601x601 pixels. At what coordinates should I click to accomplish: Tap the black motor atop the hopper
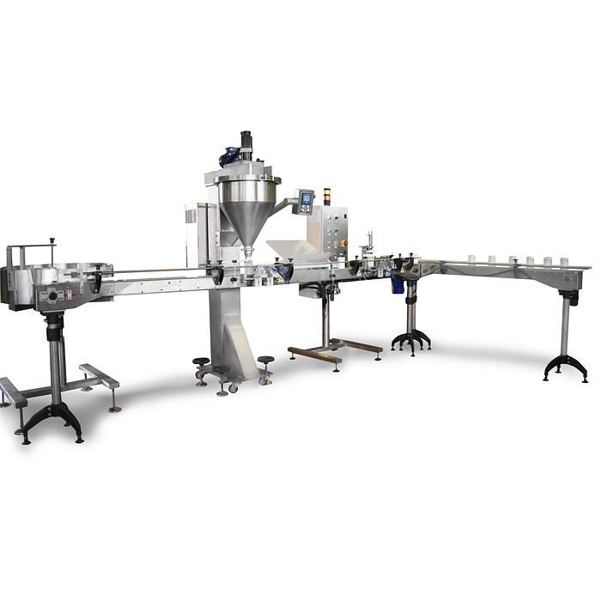pos(246,141)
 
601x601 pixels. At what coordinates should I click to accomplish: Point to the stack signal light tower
pos(326,195)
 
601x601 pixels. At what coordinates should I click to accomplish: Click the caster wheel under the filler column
pos(232,388)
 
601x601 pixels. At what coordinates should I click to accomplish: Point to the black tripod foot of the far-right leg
pos(566,367)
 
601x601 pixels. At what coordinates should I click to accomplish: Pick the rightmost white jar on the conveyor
pos(564,260)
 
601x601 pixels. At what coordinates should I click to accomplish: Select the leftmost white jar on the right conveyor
pos(471,258)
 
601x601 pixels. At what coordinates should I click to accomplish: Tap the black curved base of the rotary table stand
pos(52,422)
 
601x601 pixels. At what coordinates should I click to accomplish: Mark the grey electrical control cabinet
pos(334,226)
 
